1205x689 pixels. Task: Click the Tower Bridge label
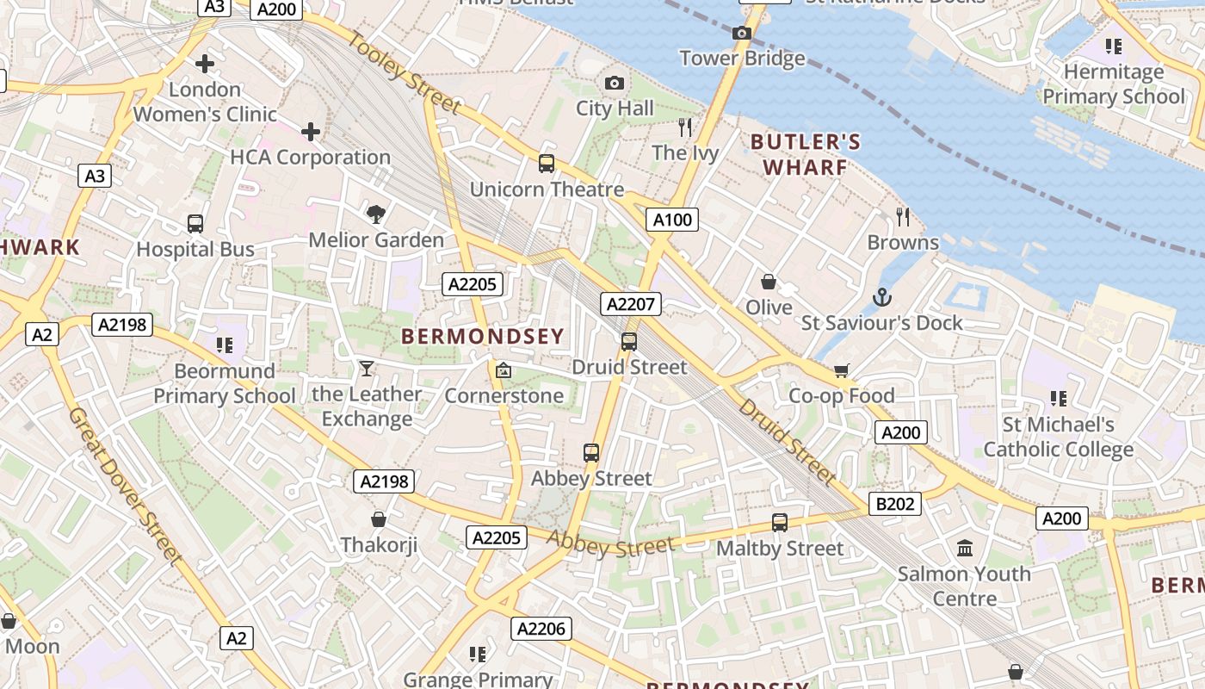pyautogui.click(x=742, y=59)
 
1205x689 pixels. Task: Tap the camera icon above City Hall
pyautogui.click(x=614, y=84)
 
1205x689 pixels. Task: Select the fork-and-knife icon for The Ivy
pyautogui.click(x=685, y=127)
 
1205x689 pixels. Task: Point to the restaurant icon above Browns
pyautogui.click(x=902, y=216)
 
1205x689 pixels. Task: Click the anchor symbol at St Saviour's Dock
pyautogui.click(x=881, y=298)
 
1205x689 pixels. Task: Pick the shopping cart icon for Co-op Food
pyautogui.click(x=841, y=370)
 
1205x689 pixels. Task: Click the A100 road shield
pyautogui.click(x=672, y=220)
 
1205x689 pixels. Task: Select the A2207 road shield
pyautogui.click(x=632, y=304)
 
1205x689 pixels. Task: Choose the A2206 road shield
pyautogui.click(x=541, y=629)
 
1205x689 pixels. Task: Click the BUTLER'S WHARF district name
pyautogui.click(x=805, y=154)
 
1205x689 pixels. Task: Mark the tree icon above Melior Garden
pyautogui.click(x=375, y=214)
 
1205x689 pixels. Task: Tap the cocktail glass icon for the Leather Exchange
pyautogui.click(x=367, y=369)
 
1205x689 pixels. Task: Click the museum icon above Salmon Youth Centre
pyautogui.click(x=964, y=548)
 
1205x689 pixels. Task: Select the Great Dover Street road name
pyautogui.click(x=126, y=487)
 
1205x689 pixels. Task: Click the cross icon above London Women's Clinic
pyautogui.click(x=205, y=64)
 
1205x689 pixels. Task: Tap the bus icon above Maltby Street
pyautogui.click(x=779, y=523)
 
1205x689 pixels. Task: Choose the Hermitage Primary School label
pyautogui.click(x=1114, y=84)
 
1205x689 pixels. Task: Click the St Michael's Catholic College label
pyautogui.click(x=1058, y=438)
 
